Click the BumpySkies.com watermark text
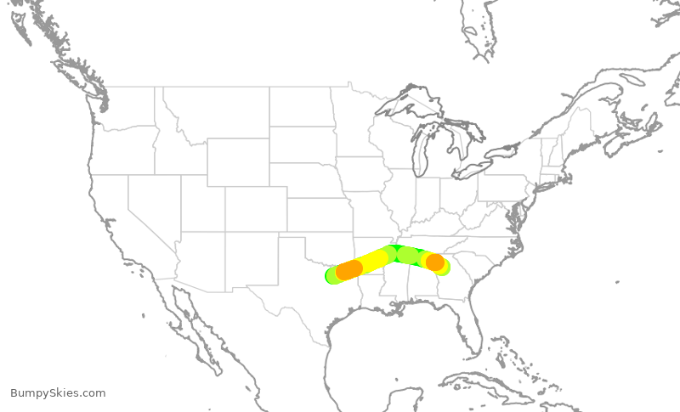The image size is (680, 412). click(58, 393)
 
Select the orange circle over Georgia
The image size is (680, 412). click(434, 262)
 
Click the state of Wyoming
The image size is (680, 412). click(237, 161)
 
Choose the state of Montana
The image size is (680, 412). click(212, 110)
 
